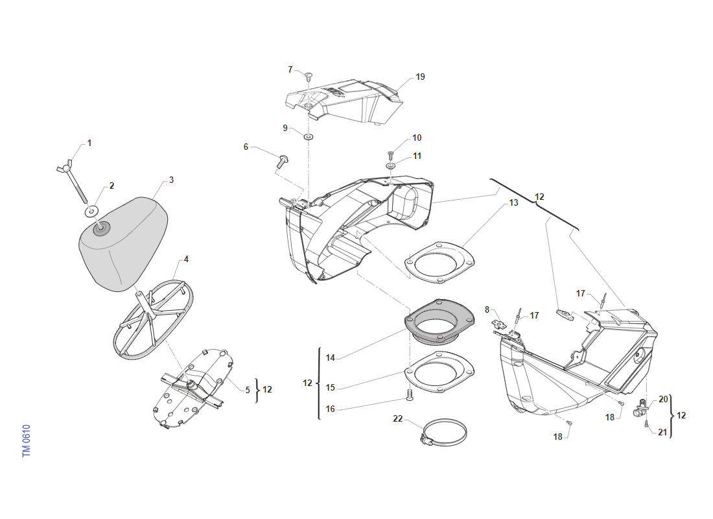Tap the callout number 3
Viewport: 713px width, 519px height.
pos(171,180)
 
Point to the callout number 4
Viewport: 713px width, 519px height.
pos(186,259)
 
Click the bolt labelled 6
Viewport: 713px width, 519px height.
pos(283,162)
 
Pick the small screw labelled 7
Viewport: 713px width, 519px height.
pos(309,75)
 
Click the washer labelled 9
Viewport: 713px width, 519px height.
pos(309,136)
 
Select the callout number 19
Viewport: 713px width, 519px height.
pos(420,77)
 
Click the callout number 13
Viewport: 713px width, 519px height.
pos(513,202)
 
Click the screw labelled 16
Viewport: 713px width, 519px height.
pos(409,394)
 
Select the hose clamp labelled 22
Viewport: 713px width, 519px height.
pos(443,433)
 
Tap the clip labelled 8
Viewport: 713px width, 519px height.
pos(500,324)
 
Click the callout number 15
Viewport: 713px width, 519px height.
pos(331,387)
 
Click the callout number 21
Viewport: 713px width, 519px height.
pos(662,432)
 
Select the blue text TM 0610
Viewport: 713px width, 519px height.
pos(27,441)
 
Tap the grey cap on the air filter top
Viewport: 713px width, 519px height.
pos(101,228)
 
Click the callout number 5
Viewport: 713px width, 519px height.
pos(248,390)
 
